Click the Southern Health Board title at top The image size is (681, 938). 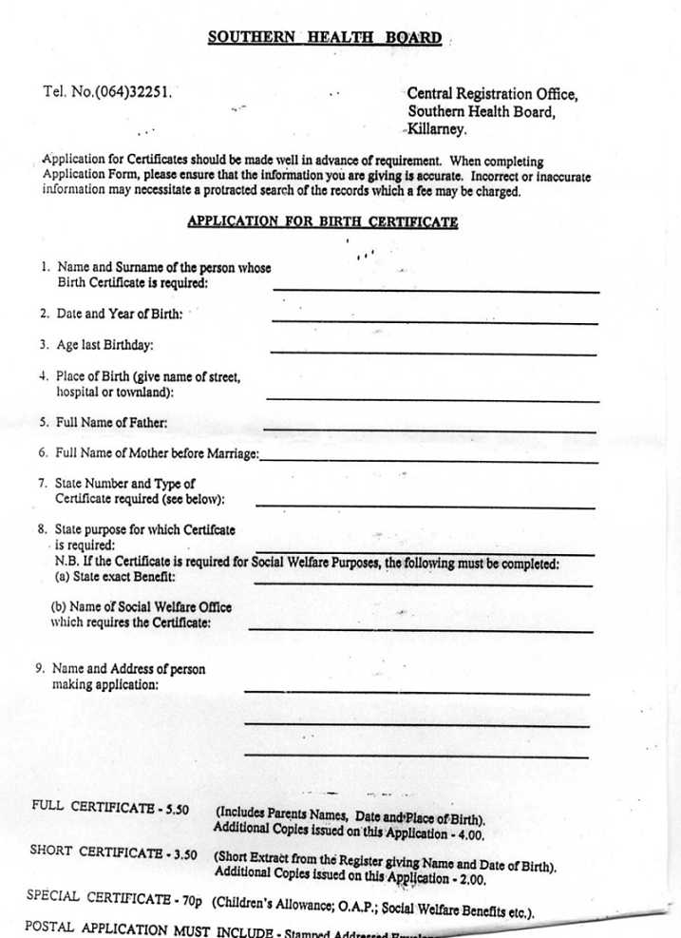325,38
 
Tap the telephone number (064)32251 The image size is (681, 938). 131,92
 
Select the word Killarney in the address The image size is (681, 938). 437,129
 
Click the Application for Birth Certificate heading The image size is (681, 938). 322,221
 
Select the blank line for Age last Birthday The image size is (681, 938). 433,354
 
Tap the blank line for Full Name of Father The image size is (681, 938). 429,431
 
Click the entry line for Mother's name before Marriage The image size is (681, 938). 428,461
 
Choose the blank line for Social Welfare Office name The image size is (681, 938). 420,630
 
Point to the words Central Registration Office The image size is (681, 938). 492,94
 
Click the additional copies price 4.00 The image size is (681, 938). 466,834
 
